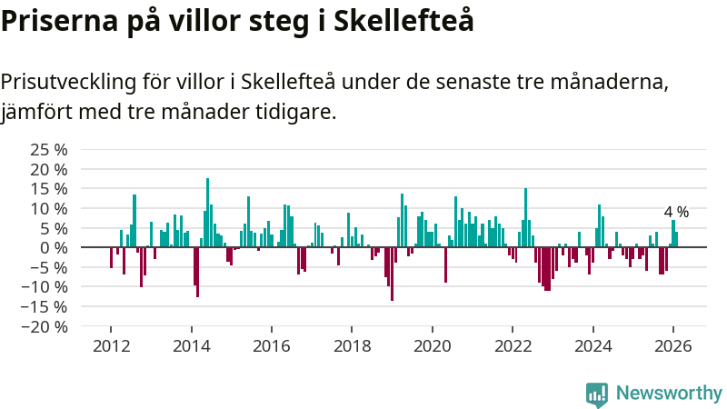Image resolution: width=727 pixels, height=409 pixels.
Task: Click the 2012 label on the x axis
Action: pyautogui.click(x=111, y=346)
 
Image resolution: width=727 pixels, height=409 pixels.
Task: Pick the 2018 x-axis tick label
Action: pyautogui.click(x=352, y=346)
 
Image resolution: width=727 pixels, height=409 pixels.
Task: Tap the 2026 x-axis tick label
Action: pyautogui.click(x=673, y=346)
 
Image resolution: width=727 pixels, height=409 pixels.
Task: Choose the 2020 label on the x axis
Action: pyautogui.click(x=432, y=346)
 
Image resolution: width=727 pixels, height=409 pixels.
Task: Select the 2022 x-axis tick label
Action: pyautogui.click(x=513, y=346)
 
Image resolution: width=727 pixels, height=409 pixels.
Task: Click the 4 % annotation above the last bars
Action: pyautogui.click(x=676, y=212)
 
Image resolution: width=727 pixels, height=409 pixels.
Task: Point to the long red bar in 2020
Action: pyautogui.click(x=445, y=264)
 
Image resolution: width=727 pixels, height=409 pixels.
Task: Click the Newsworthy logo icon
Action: pyautogui.click(x=597, y=394)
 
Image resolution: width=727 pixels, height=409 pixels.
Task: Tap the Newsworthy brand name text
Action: pyautogui.click(x=669, y=394)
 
